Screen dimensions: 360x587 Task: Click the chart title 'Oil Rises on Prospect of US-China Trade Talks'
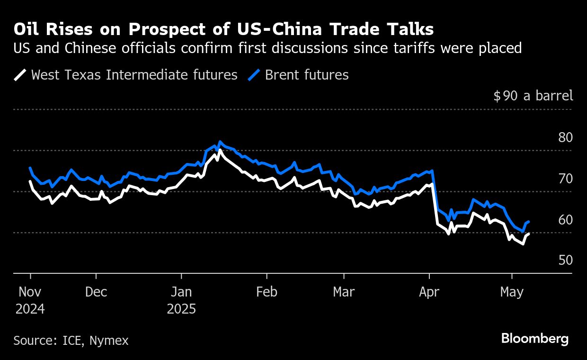(x=223, y=29)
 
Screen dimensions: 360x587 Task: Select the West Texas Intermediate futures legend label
(x=134, y=75)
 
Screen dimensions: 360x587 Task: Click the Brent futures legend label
(x=307, y=75)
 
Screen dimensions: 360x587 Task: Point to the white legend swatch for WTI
(x=20, y=75)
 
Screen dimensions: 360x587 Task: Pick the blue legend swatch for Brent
(x=254, y=75)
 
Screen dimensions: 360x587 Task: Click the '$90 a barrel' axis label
(x=533, y=96)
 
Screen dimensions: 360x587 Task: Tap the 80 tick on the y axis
(x=565, y=137)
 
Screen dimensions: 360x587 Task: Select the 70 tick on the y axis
(x=565, y=179)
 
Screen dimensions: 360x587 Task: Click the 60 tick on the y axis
(x=565, y=220)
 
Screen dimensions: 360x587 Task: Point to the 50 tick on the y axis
(x=565, y=261)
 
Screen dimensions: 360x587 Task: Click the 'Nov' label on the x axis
(x=30, y=292)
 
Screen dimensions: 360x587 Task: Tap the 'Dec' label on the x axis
(x=96, y=292)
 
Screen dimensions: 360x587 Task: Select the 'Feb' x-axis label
(x=267, y=292)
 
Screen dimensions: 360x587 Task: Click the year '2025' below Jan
(x=181, y=309)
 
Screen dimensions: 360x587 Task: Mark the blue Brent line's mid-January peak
(x=220, y=142)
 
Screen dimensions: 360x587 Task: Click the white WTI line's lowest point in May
(x=523, y=244)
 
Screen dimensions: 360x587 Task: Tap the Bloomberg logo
(x=534, y=339)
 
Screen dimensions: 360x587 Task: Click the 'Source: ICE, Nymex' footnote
(x=71, y=340)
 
